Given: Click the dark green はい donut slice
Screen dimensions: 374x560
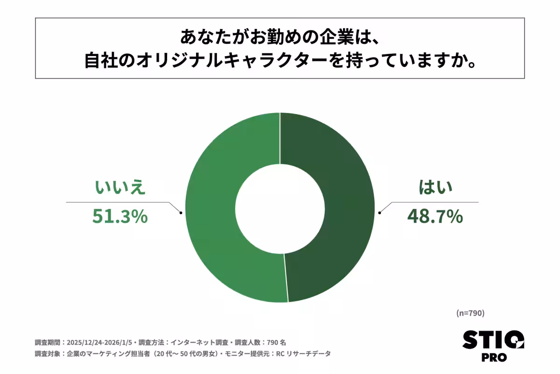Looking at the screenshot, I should coord(341,206).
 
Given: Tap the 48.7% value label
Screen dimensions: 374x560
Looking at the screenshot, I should coord(434,216).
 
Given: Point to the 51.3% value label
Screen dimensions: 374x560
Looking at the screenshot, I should coord(120,216).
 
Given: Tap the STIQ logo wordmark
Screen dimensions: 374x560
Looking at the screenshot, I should coord(493,340).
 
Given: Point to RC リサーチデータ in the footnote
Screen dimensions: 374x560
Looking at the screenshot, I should coord(303,354).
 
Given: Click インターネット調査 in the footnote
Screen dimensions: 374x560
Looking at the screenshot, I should coord(194,342).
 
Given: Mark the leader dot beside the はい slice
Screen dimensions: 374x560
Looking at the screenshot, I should coord(379,213).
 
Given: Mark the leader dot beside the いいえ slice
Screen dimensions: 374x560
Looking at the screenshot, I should coord(181,213).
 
